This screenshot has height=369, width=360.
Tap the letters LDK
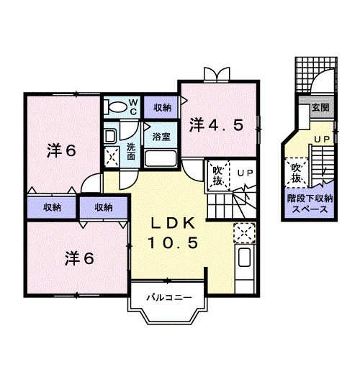click(173, 222)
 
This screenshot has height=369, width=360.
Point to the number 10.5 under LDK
click(173, 242)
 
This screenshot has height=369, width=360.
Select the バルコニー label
click(169, 296)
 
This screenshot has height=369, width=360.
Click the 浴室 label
click(161, 135)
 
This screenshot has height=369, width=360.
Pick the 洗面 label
click(131, 150)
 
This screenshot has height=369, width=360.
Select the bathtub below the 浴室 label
click(161, 158)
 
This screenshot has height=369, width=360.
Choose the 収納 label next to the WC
click(162, 108)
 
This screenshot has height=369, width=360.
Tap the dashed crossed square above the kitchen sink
click(245, 232)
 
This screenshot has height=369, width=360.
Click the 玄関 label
click(320, 107)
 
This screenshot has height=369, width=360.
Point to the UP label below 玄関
click(322, 138)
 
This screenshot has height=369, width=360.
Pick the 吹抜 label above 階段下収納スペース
click(296, 173)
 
